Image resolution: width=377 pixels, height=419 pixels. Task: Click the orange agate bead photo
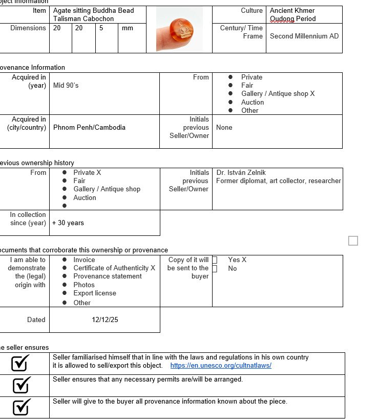(x=179, y=30)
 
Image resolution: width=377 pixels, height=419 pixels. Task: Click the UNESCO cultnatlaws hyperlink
(x=221, y=366)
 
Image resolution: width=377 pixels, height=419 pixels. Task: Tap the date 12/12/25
(x=104, y=320)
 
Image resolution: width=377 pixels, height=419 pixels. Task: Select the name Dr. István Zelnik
(x=241, y=173)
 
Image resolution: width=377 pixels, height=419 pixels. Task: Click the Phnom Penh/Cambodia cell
(x=89, y=128)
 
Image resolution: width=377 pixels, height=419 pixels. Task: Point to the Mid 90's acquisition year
(x=66, y=86)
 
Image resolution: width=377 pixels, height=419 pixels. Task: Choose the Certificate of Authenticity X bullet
(x=114, y=268)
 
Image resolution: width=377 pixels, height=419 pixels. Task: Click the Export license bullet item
(x=95, y=293)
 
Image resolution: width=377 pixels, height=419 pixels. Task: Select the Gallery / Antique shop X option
(x=278, y=94)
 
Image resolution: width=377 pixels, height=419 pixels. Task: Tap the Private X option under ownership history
(x=87, y=173)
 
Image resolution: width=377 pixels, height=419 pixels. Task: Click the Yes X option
(x=237, y=260)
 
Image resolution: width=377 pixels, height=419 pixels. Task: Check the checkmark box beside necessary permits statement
(x=20, y=385)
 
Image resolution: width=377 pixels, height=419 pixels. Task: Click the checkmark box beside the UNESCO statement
(x=20, y=363)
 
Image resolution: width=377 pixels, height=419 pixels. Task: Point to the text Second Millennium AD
(x=304, y=36)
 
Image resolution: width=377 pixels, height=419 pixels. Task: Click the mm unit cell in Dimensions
(x=128, y=28)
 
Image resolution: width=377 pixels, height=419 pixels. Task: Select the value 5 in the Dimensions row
(x=101, y=28)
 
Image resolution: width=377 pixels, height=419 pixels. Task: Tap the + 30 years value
(x=68, y=223)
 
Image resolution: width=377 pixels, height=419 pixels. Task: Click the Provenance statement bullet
(x=108, y=276)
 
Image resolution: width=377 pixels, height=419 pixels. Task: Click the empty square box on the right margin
(x=353, y=241)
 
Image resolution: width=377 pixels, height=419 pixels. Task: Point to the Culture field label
(x=252, y=11)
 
